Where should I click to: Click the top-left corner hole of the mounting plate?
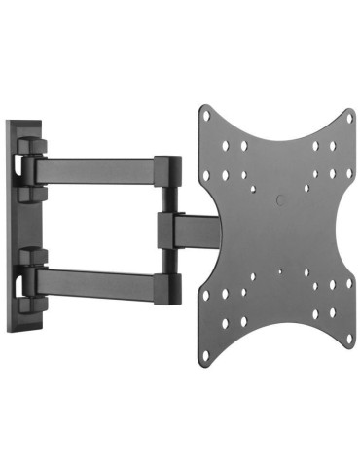(206, 115)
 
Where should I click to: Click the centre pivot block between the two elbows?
(167, 230)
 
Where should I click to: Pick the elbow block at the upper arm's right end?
(167, 175)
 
